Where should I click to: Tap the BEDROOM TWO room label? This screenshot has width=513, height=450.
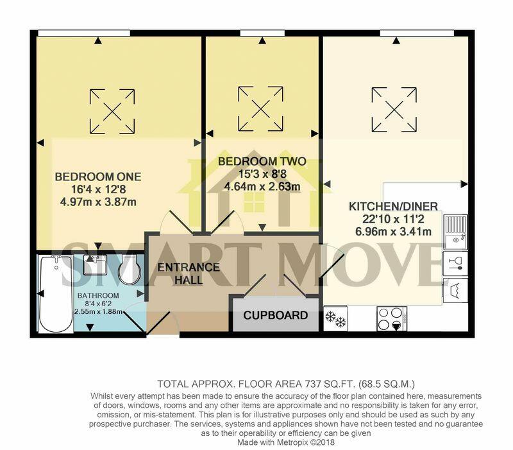point(262,161)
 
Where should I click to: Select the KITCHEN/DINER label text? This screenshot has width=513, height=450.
point(393,207)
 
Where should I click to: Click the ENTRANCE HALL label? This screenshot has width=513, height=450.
point(189,273)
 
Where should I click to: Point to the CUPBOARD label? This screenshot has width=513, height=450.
point(275,316)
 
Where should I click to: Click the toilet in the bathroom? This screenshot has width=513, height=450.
point(130,270)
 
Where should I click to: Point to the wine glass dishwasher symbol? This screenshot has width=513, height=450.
point(455,262)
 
